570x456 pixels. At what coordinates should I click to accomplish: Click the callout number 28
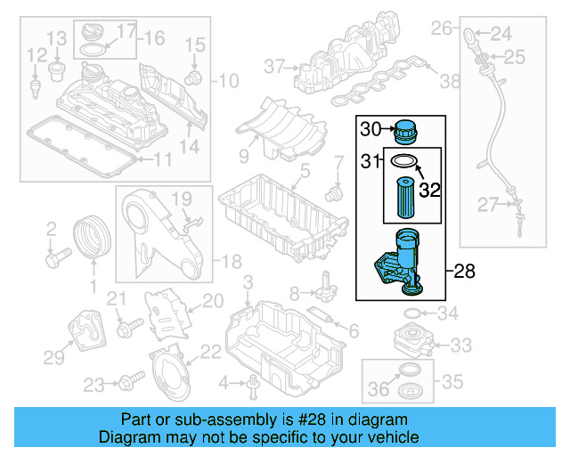coord(466,270)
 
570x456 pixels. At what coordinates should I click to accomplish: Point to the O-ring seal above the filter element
coord(404,160)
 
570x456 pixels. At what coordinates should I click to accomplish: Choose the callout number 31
coord(369,160)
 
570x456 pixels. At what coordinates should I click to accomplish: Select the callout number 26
coord(443,29)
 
